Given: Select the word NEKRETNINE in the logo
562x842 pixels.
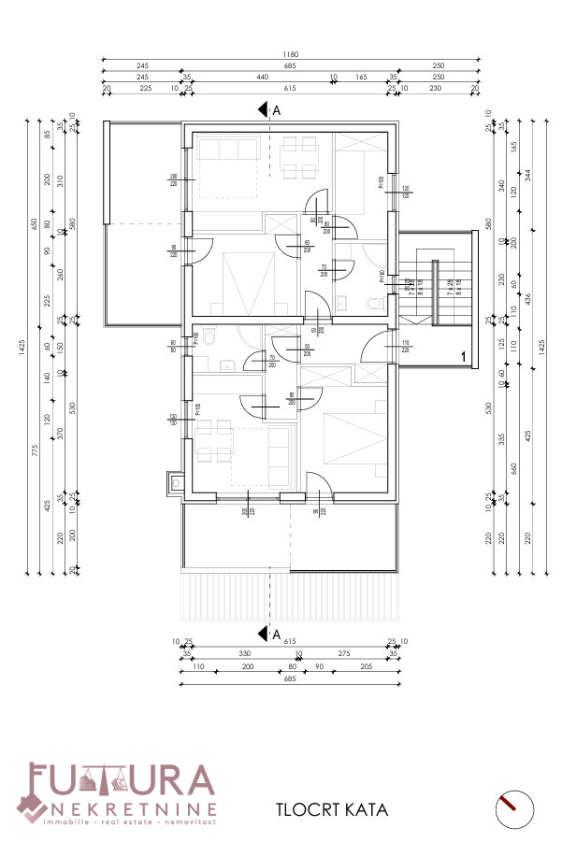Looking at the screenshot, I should pyautogui.click(x=136, y=808).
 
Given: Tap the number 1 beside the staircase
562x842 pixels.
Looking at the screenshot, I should pyautogui.click(x=462, y=355).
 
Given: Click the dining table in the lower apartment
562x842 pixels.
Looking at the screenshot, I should pyautogui.click(x=214, y=442).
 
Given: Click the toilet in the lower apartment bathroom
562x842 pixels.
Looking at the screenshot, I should pyautogui.click(x=210, y=337).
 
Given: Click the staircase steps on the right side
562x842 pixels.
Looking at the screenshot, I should pyautogui.click(x=421, y=281).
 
